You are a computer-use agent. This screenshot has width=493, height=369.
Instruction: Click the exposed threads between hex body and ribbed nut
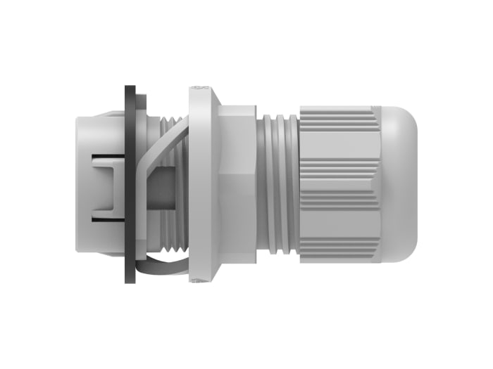(277, 184)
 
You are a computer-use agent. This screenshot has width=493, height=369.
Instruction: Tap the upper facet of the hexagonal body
(237, 141)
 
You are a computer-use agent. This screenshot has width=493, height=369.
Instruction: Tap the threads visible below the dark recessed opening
(176, 232)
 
